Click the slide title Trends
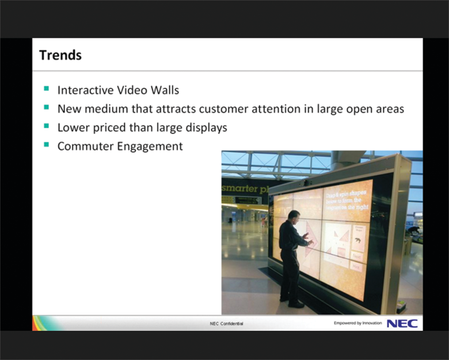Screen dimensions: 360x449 (60, 55)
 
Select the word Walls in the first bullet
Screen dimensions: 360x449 (163, 90)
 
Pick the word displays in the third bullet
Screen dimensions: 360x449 (204, 128)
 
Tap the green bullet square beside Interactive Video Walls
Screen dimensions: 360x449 (46, 89)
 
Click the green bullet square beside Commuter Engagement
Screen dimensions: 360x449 (46, 145)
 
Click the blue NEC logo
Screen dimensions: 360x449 (402, 323)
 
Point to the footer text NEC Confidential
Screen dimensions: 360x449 (226, 324)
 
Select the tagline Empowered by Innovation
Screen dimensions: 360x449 (357, 323)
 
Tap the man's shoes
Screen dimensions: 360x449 (292, 302)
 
